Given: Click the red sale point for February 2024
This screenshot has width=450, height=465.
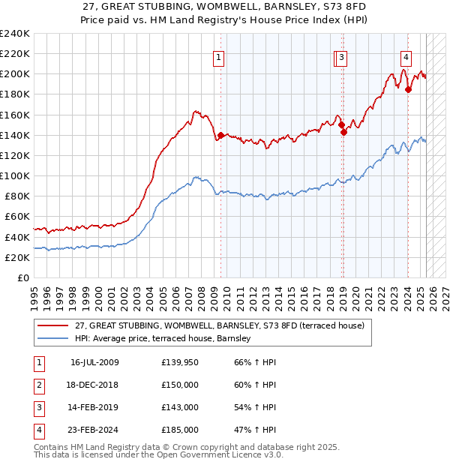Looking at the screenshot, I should (x=409, y=89).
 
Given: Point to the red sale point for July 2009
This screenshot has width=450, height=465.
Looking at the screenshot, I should (x=221, y=135).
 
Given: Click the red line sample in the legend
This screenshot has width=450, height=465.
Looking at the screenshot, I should (x=52, y=325).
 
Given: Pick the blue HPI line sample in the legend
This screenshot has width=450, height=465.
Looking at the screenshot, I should (x=52, y=339).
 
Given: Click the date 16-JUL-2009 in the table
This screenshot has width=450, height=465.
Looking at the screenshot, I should (x=94, y=362).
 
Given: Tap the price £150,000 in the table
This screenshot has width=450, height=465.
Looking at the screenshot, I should (x=179, y=385).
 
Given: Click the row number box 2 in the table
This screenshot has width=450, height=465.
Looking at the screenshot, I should (x=38, y=385).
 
